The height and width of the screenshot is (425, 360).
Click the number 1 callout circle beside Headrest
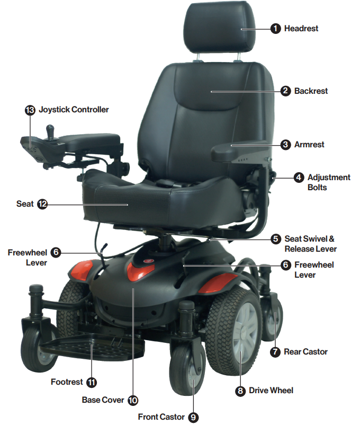point(275,29)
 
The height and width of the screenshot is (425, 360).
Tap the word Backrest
point(311,91)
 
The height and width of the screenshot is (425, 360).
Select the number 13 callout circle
point(30,110)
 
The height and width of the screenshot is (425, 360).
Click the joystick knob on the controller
point(50,129)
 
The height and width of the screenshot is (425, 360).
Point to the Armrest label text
point(309,145)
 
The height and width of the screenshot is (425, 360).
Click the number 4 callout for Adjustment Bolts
point(299,178)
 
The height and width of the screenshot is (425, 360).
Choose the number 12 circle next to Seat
point(42,204)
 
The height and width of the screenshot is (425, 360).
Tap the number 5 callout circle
point(276,239)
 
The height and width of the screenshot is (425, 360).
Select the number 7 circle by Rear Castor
point(275,352)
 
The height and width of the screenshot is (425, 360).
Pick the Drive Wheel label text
point(271,391)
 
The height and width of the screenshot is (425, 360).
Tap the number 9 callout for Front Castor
point(193,417)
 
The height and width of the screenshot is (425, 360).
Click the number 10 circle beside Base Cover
point(133,400)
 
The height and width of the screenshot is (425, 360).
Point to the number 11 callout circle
point(92,382)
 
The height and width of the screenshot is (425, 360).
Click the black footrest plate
point(92,347)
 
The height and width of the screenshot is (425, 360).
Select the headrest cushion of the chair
point(220,28)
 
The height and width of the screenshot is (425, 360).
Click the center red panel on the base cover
point(140,269)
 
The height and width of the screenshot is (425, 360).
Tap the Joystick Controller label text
point(74,110)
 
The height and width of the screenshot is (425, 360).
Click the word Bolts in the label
point(317,187)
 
